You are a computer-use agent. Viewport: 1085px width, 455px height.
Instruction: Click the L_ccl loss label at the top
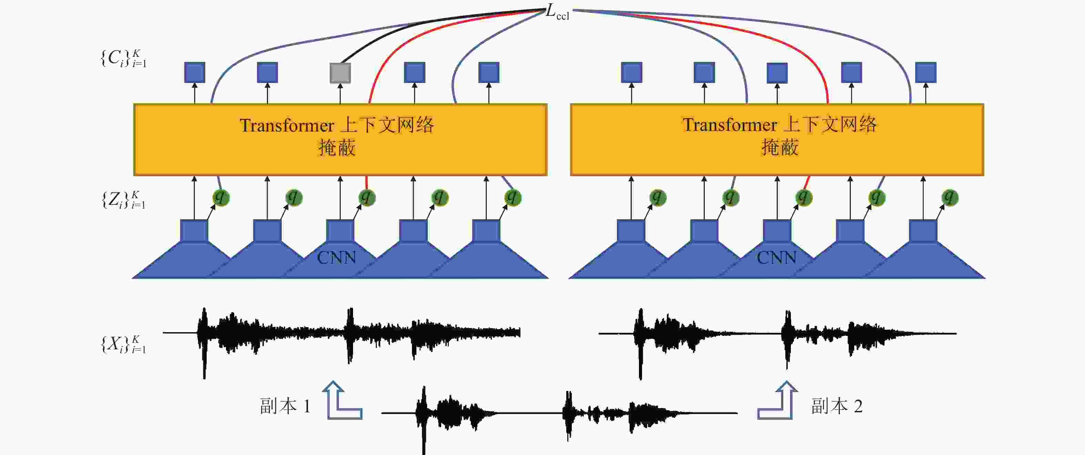point(557,12)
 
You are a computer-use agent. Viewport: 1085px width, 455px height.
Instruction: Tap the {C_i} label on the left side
point(123,58)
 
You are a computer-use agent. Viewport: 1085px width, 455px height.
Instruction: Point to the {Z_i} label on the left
point(123,200)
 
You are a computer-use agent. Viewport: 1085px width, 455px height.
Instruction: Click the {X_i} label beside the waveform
point(123,344)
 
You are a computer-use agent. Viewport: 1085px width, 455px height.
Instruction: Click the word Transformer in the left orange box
point(287,125)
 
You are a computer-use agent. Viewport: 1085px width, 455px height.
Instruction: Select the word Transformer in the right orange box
point(730,125)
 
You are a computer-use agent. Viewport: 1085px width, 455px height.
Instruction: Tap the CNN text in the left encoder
point(336,257)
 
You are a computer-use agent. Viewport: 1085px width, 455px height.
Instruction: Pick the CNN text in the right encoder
point(776,257)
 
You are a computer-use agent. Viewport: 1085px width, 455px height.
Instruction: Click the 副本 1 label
point(285,406)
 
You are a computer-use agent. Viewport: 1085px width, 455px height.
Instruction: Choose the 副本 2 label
point(837,406)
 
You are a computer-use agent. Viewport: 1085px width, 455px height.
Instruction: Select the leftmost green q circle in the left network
point(221,198)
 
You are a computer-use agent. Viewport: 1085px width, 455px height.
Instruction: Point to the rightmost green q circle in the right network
point(949,198)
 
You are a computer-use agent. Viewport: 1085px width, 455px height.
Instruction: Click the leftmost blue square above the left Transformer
point(195,72)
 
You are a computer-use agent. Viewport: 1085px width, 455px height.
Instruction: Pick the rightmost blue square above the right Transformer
point(926,72)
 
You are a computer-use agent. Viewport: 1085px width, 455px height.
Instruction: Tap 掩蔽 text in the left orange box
point(337,148)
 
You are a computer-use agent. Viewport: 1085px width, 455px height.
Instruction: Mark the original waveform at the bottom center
point(559,415)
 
